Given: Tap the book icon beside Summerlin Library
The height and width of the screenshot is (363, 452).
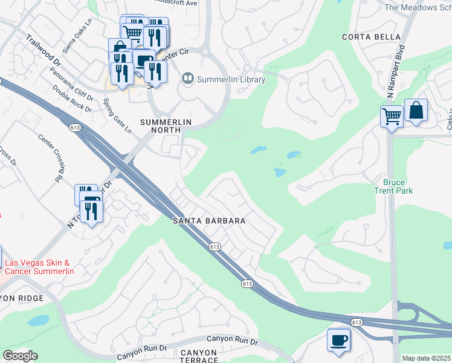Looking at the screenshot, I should pyautogui.click(x=187, y=79).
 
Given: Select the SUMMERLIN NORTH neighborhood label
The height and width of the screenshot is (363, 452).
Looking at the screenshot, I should pyautogui.click(x=166, y=122).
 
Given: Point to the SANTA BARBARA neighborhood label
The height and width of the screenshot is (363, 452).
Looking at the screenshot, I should pyautogui.click(x=209, y=221).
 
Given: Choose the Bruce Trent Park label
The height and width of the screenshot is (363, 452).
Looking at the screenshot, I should pyautogui.click(x=394, y=187).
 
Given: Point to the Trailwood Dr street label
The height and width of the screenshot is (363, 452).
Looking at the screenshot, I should pyautogui.click(x=44, y=50).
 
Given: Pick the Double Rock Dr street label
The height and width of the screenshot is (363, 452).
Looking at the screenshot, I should pyautogui.click(x=72, y=99).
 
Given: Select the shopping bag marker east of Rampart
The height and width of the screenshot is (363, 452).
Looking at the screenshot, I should pyautogui.click(x=416, y=110).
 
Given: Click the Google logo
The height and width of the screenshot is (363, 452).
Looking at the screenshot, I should pyautogui.click(x=20, y=356).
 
